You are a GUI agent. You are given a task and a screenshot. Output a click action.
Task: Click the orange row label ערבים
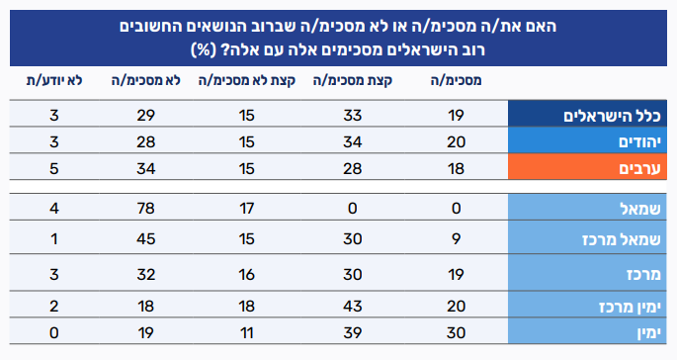click(639, 168)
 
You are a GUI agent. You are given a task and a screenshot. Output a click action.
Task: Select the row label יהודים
click(639, 142)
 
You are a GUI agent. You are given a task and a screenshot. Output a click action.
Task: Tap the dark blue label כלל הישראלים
click(612, 116)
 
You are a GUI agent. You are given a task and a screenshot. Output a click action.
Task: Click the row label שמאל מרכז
click(622, 239)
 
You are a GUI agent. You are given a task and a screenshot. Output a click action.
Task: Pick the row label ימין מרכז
click(630, 307)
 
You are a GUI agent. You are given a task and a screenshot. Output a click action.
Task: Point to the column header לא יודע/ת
click(54, 81)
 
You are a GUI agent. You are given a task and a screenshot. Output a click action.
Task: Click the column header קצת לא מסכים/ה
click(246, 81)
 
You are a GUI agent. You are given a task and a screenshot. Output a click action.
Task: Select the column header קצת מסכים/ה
click(353, 81)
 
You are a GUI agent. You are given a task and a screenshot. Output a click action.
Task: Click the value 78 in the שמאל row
click(146, 209)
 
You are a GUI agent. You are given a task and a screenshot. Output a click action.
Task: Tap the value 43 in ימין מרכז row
click(352, 307)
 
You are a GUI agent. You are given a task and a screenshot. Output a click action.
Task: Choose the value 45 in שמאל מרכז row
click(146, 239)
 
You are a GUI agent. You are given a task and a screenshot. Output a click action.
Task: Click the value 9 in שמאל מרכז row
click(456, 239)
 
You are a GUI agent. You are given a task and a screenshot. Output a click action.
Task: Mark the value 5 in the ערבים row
click(54, 168)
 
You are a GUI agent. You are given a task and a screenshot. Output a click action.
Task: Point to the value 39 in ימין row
click(352, 333)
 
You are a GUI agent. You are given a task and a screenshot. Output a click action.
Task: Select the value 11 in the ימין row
click(246, 333)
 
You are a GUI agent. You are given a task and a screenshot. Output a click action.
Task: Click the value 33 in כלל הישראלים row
click(352, 116)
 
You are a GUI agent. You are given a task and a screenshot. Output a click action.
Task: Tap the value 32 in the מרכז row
click(146, 275)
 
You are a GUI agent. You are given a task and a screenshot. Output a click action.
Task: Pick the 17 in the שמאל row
click(246, 209)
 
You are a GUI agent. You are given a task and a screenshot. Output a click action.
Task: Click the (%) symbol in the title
click(203, 49)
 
